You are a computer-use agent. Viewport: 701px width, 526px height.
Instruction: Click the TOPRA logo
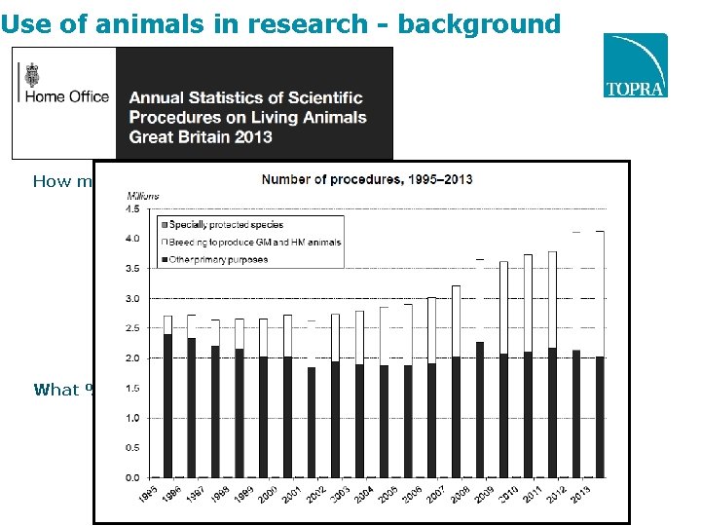635,65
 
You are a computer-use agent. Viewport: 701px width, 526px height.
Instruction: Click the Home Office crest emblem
34,74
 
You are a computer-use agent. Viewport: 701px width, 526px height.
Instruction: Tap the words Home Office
66,96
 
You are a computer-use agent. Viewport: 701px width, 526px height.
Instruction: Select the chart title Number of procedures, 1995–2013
367,179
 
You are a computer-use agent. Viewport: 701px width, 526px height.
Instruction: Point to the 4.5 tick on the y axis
130,207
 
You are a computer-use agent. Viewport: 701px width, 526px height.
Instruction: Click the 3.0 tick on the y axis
130,298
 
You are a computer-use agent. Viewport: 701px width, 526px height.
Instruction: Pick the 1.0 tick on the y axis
130,418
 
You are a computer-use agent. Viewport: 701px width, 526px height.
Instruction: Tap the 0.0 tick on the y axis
130,477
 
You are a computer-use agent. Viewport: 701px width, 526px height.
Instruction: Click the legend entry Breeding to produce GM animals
256,242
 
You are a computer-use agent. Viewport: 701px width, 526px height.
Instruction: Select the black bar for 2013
599,417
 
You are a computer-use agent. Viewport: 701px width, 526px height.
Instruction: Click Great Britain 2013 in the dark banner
201,136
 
